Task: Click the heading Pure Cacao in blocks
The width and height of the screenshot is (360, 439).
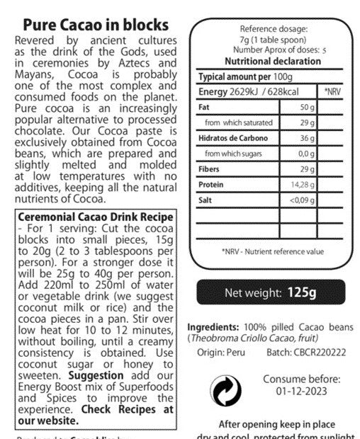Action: tap(96, 26)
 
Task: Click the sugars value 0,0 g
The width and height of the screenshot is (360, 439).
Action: tap(305, 153)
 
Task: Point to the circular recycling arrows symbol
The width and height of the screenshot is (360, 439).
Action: tap(225, 389)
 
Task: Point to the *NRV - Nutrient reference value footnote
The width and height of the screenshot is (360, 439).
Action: tap(273, 251)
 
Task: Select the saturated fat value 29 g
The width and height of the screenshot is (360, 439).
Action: tap(307, 122)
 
